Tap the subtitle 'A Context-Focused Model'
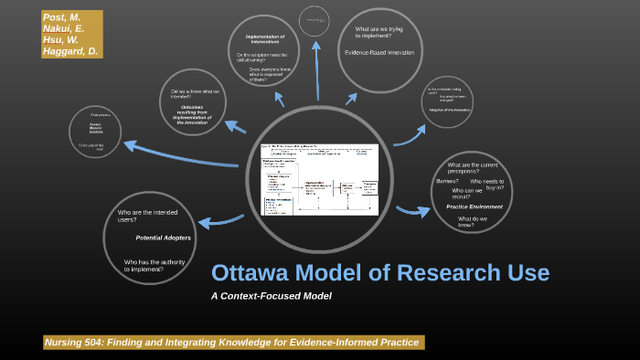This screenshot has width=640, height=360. (271, 295)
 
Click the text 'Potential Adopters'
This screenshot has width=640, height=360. (163, 238)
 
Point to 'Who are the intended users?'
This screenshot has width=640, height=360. (148, 217)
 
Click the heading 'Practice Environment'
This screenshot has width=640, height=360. (474, 206)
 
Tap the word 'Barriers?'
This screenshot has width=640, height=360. (447, 181)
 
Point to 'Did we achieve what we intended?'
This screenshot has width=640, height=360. (195, 93)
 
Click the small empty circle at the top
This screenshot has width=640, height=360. (313, 18)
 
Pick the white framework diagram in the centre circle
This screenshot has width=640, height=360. (320, 179)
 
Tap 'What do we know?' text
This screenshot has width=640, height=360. (466, 222)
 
